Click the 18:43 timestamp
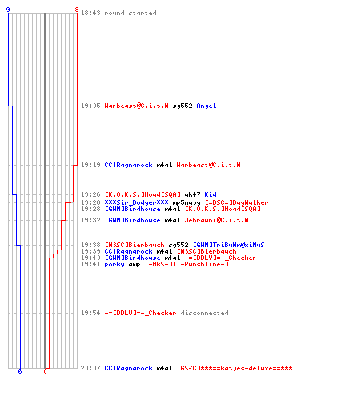tap(90, 13)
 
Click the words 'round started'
tap(130, 13)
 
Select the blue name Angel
tap(206, 106)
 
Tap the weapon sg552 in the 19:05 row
tap(182, 106)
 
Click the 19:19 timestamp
tap(90, 165)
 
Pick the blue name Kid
tap(210, 194)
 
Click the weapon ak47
tap(192, 194)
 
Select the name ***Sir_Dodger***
tap(136, 202)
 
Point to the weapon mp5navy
tap(186, 202)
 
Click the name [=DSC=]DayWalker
tap(236, 202)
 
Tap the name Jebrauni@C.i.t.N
tap(216, 220)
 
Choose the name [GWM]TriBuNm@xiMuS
tap(228, 245)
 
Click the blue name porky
tap(114, 264)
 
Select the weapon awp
tap(134, 265)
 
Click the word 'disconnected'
tap(204, 313)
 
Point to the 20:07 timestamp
tap(90, 368)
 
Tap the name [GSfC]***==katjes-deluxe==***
tap(234, 368)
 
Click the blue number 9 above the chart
tap(8, 10)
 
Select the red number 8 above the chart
tap(77, 10)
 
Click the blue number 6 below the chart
tap(20, 371)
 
